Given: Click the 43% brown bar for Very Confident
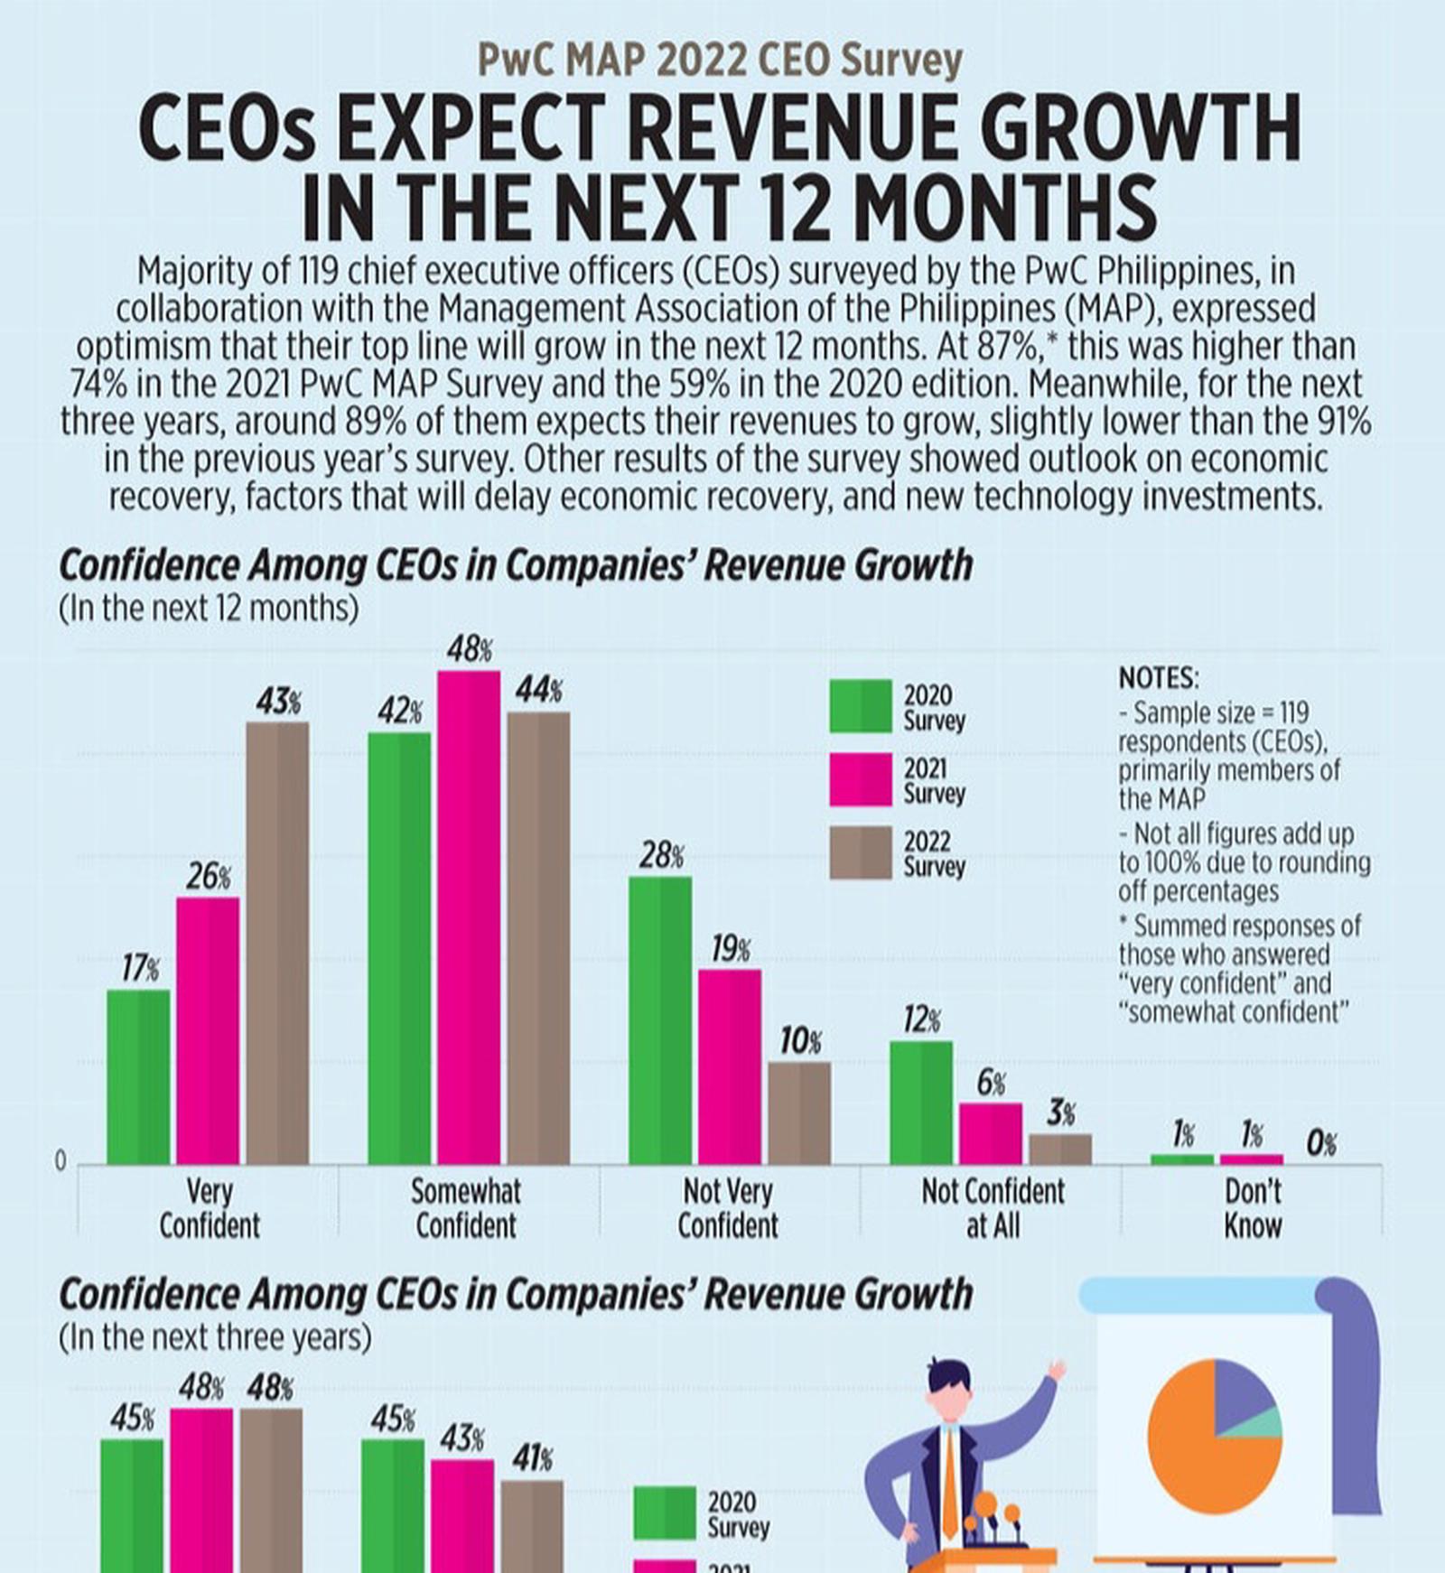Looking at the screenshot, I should click(x=277, y=943).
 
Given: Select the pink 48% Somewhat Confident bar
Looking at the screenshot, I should click(x=469, y=917).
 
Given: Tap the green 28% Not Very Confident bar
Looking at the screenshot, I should click(x=660, y=1020).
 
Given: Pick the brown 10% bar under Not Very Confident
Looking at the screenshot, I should click(x=799, y=1112).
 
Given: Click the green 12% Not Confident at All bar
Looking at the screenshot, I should click(x=920, y=1103).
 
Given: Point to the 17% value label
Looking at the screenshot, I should click(x=140, y=969).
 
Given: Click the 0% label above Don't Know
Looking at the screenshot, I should click(x=1321, y=1144).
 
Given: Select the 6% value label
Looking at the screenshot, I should click(x=991, y=1083).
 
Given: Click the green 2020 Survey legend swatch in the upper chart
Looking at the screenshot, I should click(x=860, y=706).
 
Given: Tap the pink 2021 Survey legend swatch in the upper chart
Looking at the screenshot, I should click(x=860, y=779).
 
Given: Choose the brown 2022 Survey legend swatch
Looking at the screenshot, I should click(x=860, y=852).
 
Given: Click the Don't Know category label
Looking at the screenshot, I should click(x=1253, y=1209).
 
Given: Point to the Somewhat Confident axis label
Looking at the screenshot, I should click(x=466, y=1209).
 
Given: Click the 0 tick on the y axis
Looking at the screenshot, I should click(x=61, y=1162).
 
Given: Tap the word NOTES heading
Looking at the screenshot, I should click(x=1159, y=678).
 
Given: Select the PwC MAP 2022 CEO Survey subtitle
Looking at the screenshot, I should click(x=720, y=60).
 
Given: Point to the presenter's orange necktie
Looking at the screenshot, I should click(x=950, y=1482).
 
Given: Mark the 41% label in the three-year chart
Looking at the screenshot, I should click(x=532, y=1458).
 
